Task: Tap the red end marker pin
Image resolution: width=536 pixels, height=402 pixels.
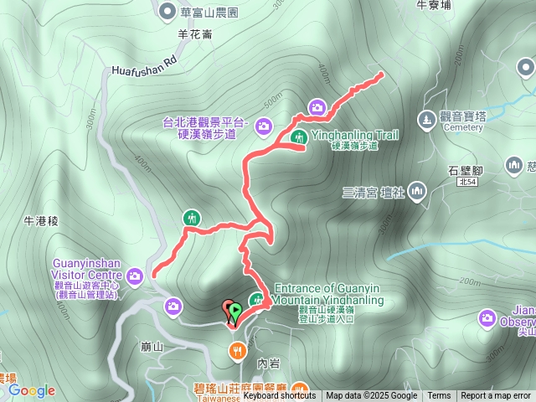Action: [x=228, y=308]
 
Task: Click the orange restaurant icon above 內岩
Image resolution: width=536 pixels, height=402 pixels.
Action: [x=239, y=349]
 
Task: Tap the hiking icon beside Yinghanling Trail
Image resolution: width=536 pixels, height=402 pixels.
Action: [x=298, y=137]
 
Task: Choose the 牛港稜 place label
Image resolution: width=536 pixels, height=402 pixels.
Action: [x=40, y=221]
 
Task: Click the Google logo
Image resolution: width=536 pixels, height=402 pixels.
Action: [x=32, y=390]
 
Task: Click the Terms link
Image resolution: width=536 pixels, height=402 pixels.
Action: [x=439, y=396]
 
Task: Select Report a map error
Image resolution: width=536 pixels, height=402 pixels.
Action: [x=496, y=396]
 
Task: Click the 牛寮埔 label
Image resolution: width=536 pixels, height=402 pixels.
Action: [x=433, y=5]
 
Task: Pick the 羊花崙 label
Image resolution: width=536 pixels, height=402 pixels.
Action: [x=195, y=35]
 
